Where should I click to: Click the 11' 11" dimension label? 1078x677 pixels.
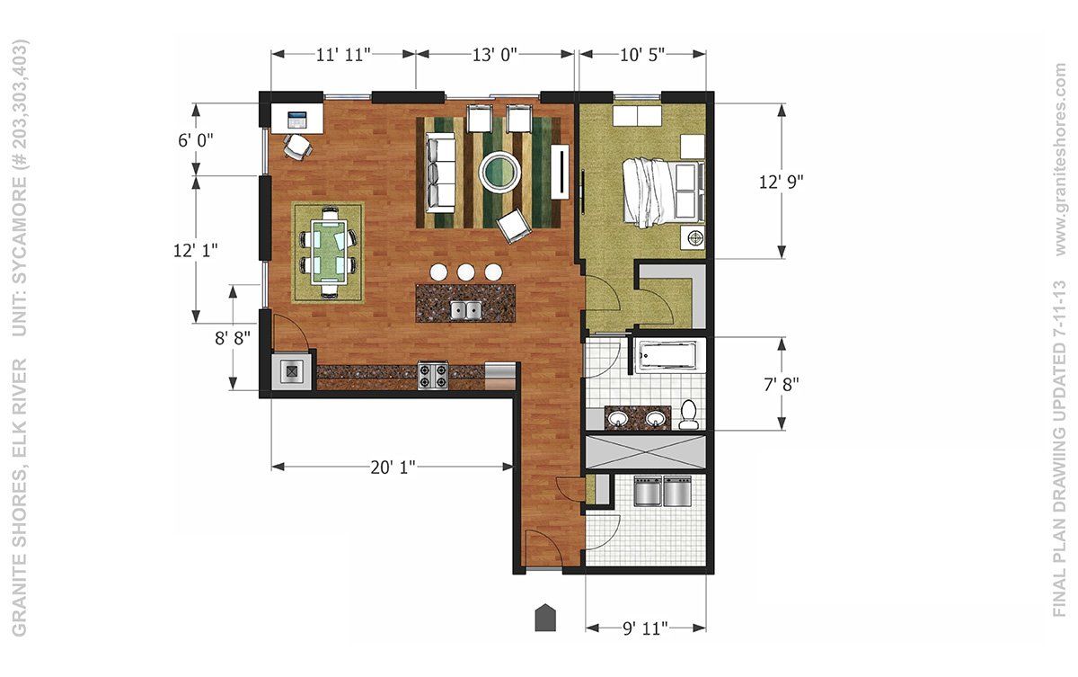[343, 55]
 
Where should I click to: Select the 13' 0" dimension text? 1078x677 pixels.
[494, 55]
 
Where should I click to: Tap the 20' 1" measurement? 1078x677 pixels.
[393, 467]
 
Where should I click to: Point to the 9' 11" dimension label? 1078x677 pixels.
[645, 628]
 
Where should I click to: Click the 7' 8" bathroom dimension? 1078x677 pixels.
[781, 385]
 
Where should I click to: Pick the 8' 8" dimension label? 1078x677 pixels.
[233, 338]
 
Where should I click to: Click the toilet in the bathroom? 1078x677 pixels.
[689, 414]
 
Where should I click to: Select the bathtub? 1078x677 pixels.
[667, 356]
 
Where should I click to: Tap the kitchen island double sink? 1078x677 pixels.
[466, 310]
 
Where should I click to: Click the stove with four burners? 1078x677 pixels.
[433, 376]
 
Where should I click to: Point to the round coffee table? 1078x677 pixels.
[500, 171]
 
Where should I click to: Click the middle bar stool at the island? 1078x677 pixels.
[466, 272]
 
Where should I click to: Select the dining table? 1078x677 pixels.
[329, 253]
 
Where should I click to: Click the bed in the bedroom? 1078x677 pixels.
[663, 193]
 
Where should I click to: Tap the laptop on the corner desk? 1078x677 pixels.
[297, 120]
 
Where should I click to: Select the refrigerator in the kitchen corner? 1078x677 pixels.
[292, 371]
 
